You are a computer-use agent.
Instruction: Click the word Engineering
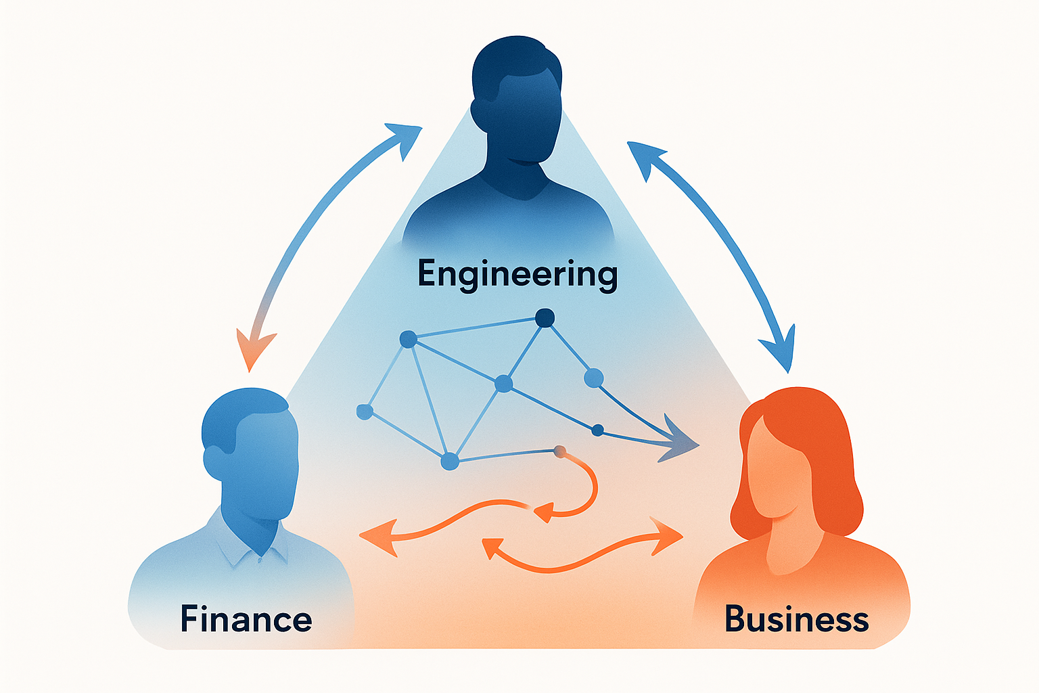point(517,275)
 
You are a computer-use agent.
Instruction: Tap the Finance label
point(246,619)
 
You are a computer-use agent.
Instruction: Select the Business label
point(796,619)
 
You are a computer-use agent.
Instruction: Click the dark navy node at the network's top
point(545,318)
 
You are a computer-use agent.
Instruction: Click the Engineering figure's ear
point(480,114)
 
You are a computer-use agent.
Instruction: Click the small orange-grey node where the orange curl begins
point(560,451)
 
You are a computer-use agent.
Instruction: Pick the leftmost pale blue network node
point(365,411)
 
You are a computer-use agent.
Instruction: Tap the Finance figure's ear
point(214,462)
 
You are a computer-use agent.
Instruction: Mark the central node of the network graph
point(504,384)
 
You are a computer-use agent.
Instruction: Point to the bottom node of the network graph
point(449,462)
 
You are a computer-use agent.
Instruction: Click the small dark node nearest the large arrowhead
point(598,430)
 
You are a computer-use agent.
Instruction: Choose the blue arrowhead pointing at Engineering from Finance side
point(405,139)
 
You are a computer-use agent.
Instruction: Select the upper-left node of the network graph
point(408,339)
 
